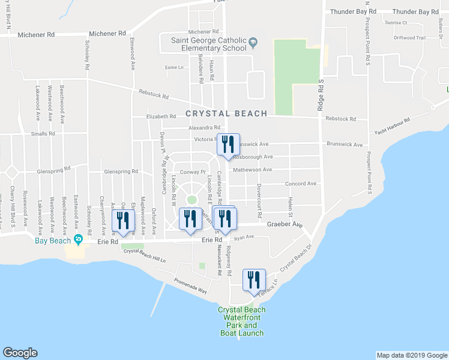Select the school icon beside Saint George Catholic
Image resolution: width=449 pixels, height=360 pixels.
coord(253,41)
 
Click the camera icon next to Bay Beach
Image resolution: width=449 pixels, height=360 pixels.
coord(78,239)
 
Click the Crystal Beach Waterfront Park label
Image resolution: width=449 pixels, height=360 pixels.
coord(241,321)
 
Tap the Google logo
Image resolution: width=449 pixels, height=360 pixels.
coord(20,352)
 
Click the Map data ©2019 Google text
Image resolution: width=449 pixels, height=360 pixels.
coord(411,355)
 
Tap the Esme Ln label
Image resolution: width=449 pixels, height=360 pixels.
coord(173,67)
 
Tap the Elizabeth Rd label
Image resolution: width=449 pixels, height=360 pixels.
coord(161,117)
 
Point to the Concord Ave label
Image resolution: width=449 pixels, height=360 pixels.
coord(300,184)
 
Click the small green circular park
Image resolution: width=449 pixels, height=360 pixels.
coord(191,199)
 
